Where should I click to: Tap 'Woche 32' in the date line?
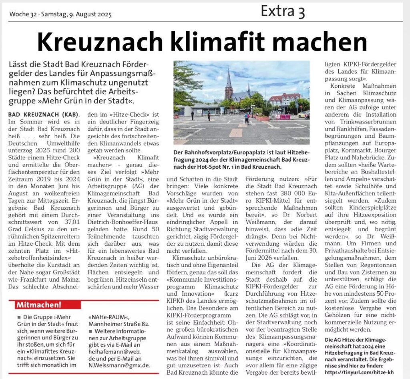(23, 15)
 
